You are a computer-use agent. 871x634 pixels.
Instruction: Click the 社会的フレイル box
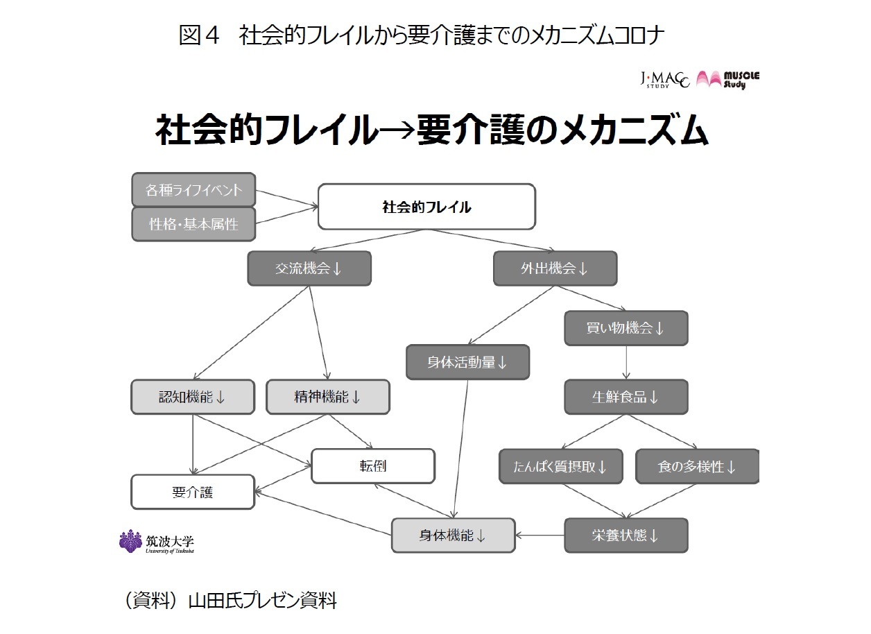(426, 207)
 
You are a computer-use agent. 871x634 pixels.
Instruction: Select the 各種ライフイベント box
(193, 189)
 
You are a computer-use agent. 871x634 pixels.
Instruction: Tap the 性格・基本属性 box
(193, 224)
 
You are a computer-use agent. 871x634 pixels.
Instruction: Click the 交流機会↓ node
(309, 268)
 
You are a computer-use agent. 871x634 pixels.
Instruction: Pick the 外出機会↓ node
(555, 268)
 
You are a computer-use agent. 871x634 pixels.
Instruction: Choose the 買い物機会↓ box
(626, 328)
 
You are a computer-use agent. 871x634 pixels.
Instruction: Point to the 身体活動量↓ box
(467, 362)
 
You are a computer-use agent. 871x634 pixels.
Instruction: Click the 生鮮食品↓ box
(626, 397)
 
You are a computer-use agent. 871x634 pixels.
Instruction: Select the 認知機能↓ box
(193, 397)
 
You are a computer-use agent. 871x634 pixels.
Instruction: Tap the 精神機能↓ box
(328, 397)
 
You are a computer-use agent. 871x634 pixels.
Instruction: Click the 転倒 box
(373, 465)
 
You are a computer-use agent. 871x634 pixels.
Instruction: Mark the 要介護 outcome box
(193, 492)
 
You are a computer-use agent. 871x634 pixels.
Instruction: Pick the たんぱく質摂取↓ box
(561, 466)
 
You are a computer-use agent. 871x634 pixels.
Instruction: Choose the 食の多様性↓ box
(697, 466)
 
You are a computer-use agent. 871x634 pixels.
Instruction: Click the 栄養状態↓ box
(626, 536)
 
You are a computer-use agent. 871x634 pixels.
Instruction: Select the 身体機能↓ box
(454, 536)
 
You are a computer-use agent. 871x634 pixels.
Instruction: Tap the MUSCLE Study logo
(728, 79)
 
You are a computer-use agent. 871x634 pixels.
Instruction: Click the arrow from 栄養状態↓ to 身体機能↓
(540, 536)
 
